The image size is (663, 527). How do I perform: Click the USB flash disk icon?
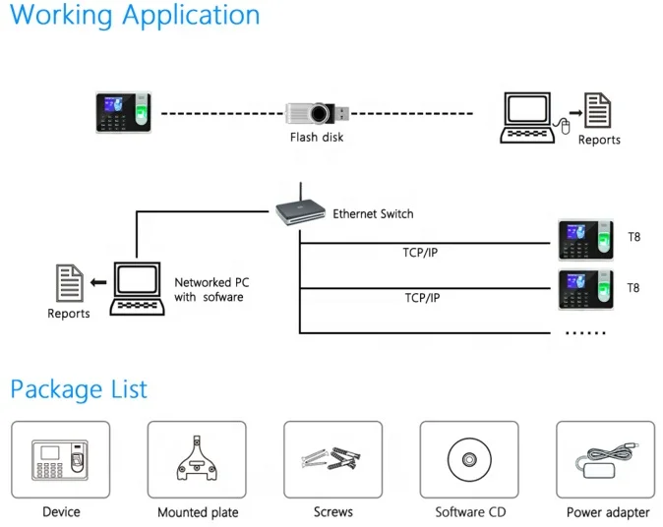point(317,113)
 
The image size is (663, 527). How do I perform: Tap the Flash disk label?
point(317,138)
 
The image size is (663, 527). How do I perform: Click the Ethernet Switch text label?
point(373,213)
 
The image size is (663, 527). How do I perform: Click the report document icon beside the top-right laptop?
point(597,110)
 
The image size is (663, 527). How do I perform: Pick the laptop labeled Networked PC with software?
point(138,289)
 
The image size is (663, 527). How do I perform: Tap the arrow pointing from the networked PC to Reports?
point(98,282)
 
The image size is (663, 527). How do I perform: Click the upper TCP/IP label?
point(420,253)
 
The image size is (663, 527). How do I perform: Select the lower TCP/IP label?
point(422,298)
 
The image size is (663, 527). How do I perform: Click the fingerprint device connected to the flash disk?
point(124,112)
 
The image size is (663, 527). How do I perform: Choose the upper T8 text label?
point(633,237)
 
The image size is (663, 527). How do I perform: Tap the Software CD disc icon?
point(469,459)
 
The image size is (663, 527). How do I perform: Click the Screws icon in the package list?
point(332,458)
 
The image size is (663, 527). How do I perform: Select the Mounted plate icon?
point(197,458)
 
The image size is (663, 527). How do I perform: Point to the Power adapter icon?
point(606,460)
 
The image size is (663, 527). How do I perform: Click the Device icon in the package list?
point(60,460)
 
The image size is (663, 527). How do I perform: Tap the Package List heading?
point(79,389)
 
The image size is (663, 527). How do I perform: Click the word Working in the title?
point(61,15)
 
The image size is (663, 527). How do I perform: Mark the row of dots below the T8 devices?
point(585,333)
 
